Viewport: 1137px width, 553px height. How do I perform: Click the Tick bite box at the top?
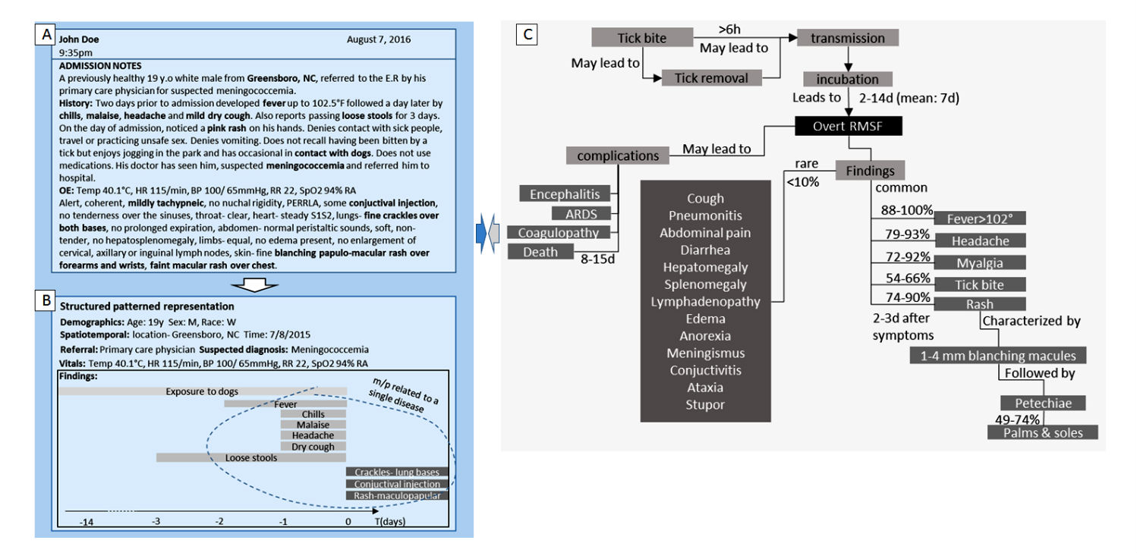(642, 37)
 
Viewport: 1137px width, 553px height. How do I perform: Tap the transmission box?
(847, 37)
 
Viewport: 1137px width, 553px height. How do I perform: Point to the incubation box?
(847, 79)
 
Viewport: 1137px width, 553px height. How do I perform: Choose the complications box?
(618, 156)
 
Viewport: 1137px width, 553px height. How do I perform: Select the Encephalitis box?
(565, 193)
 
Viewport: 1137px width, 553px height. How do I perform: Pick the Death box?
(540, 253)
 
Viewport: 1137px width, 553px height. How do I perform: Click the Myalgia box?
(980, 262)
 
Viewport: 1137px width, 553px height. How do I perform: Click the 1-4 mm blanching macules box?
(997, 355)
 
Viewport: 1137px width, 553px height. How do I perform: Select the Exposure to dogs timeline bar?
(202, 391)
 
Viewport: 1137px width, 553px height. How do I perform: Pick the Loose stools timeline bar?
(250, 457)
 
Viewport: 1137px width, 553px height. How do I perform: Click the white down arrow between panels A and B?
(252, 283)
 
